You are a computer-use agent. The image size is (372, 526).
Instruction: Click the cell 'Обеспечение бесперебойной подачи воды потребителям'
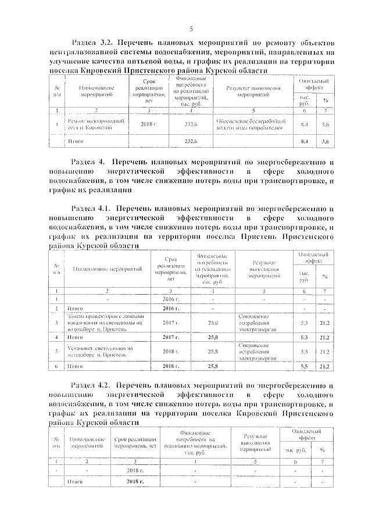(249, 124)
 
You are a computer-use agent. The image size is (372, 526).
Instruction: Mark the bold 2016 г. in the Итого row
(170, 308)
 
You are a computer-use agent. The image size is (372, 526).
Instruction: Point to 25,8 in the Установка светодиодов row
(212, 352)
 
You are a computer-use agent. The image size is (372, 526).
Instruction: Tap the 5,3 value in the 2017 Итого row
(303, 337)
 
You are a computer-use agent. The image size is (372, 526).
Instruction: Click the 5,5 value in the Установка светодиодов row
(303, 352)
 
